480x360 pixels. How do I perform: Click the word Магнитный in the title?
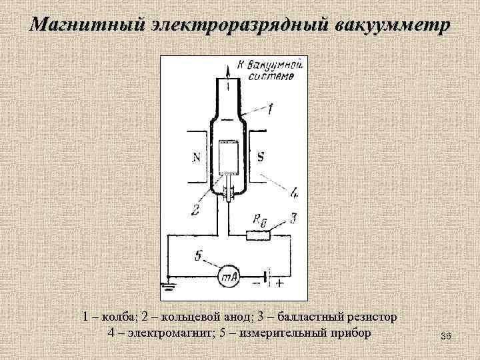pyautogui.click(x=83, y=25)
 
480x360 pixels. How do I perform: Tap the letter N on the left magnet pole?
pyautogui.click(x=196, y=158)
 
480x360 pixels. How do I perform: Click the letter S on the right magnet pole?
pyautogui.click(x=259, y=158)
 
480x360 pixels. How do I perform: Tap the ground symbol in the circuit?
pyautogui.click(x=167, y=287)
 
